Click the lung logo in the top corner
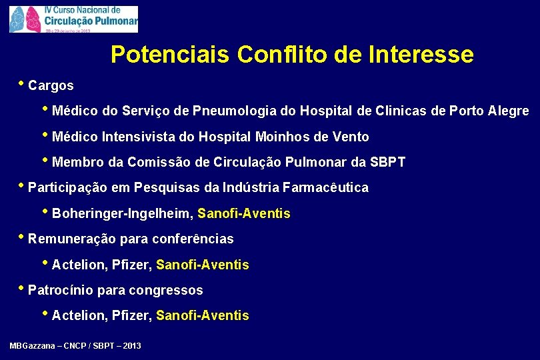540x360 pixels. tap(26, 19)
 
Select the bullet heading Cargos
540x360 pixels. tap(51, 86)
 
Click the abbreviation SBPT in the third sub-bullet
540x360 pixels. tap(388, 162)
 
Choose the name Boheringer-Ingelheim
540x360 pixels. tap(122, 214)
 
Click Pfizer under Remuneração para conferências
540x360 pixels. tap(132, 265)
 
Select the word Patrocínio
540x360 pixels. tap(61, 290)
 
